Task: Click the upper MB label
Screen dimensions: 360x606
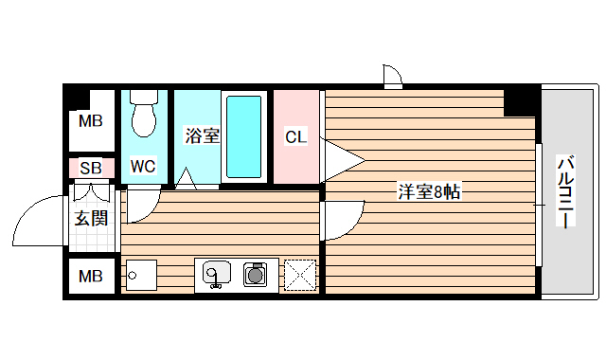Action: pyautogui.click(x=91, y=120)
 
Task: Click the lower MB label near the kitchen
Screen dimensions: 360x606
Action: pyautogui.click(x=91, y=277)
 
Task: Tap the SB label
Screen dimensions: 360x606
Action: pyautogui.click(x=91, y=169)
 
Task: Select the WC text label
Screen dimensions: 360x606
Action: pyautogui.click(x=143, y=167)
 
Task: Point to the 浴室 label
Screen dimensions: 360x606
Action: pyautogui.click(x=201, y=136)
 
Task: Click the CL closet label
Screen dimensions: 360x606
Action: pyautogui.click(x=296, y=136)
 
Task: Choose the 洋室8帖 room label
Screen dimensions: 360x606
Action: pyautogui.click(x=429, y=192)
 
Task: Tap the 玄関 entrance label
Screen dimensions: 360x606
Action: pyautogui.click(x=92, y=219)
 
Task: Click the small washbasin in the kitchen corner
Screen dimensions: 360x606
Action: pyautogui.click(x=140, y=276)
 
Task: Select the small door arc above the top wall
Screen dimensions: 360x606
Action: pyautogui.click(x=393, y=74)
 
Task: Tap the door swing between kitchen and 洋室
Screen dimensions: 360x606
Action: pyautogui.click(x=338, y=222)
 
